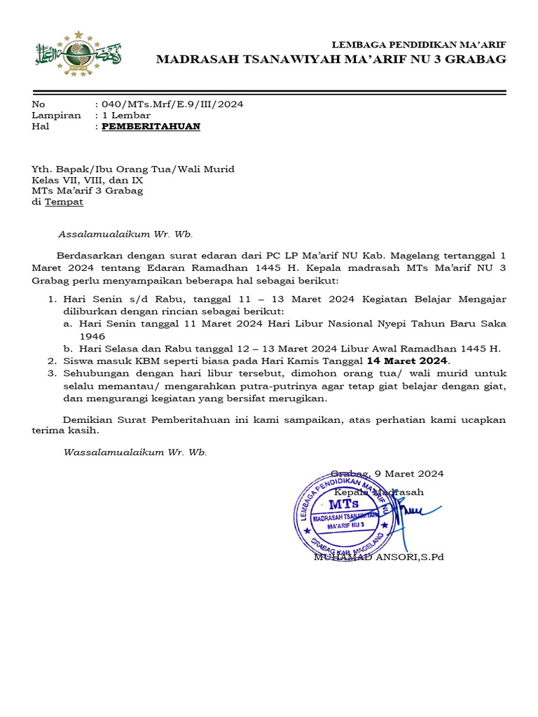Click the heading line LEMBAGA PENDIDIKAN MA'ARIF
click(x=418, y=45)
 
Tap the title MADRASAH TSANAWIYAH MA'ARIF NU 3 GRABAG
click(x=331, y=60)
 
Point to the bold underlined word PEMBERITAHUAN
click(x=151, y=126)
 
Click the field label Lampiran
click(x=56, y=116)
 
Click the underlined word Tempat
click(x=64, y=202)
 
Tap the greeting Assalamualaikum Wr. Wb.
click(x=125, y=235)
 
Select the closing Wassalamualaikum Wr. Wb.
click(x=135, y=452)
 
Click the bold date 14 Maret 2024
click(x=407, y=361)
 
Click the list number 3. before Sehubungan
click(x=52, y=373)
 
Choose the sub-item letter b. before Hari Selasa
click(x=68, y=349)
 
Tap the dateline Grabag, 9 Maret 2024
click(x=387, y=474)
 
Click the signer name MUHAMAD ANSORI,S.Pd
click(x=378, y=557)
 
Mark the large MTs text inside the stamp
click(x=343, y=504)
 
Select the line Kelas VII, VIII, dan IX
click(x=87, y=180)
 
